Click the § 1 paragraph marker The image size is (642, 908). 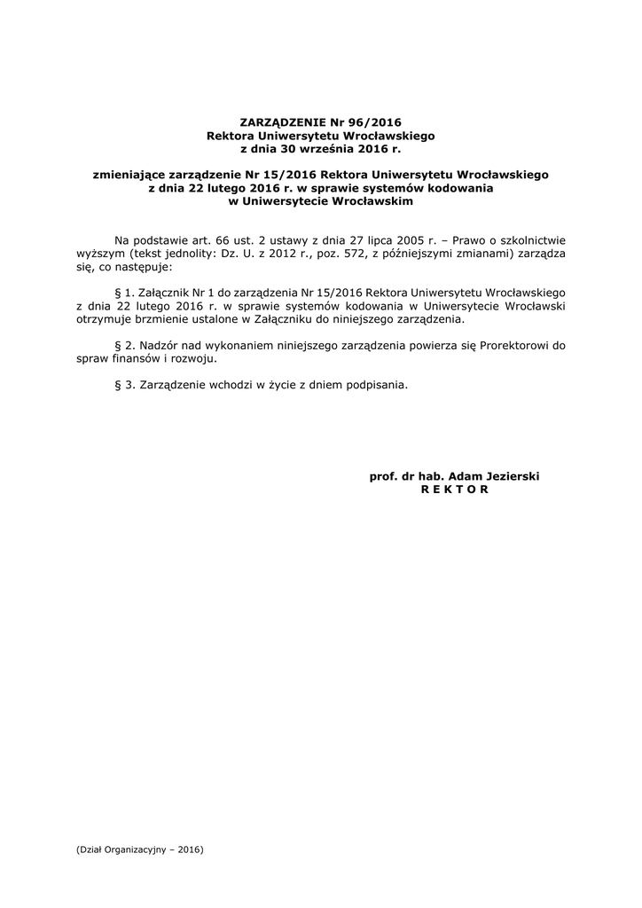click(x=123, y=292)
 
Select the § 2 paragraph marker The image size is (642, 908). click(x=123, y=346)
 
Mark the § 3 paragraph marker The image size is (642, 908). click(x=123, y=385)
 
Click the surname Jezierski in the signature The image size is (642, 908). click(x=508, y=476)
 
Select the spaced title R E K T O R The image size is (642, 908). click(x=454, y=489)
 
